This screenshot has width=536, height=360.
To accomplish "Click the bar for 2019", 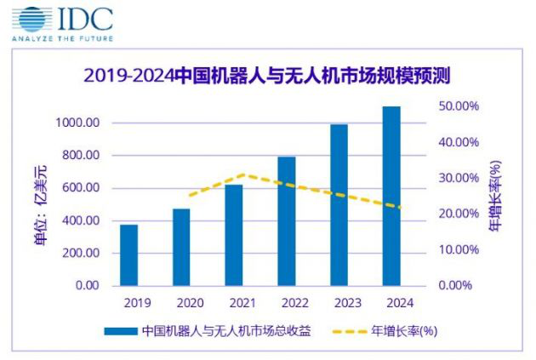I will click(128, 255).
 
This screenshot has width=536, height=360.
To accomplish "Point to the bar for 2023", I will click(339, 205).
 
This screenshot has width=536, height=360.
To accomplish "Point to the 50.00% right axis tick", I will click(459, 106).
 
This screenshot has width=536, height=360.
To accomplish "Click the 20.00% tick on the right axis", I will click(459, 214).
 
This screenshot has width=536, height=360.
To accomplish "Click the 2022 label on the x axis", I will click(287, 303).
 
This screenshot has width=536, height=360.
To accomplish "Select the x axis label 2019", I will click(128, 303).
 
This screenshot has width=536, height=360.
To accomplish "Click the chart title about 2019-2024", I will click(267, 75).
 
